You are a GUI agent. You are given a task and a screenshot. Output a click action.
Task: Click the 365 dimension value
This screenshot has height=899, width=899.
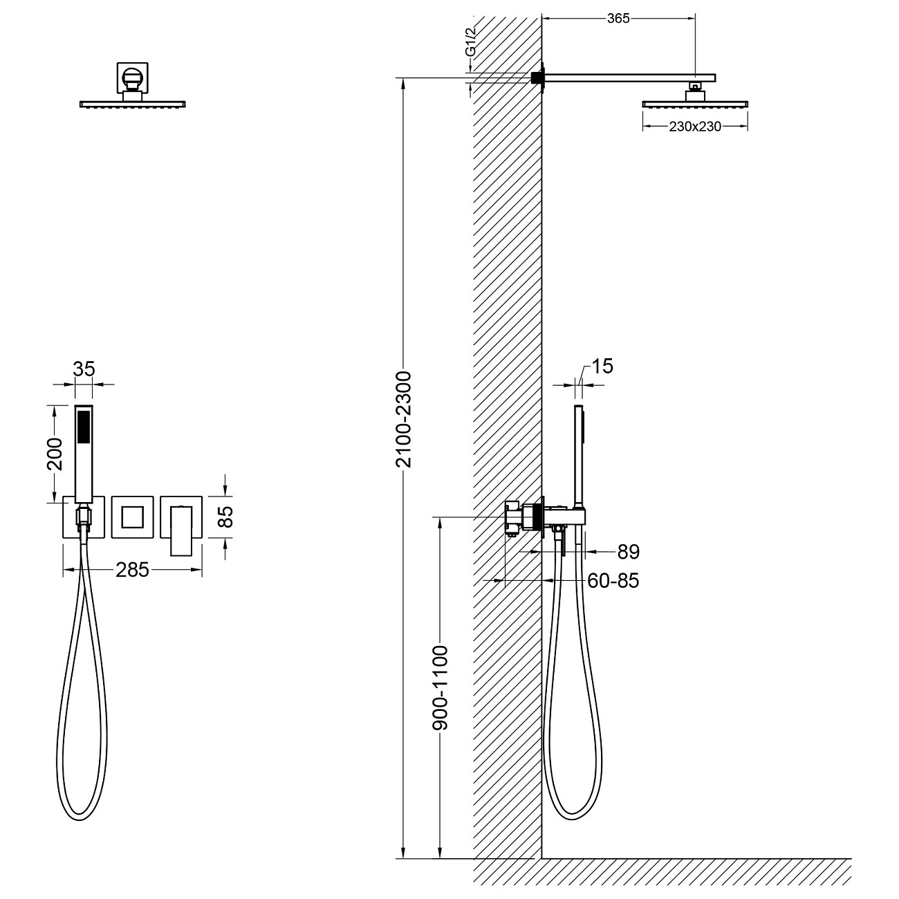pos(618,19)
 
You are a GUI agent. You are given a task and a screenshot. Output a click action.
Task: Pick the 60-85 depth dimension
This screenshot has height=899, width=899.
pos(613,581)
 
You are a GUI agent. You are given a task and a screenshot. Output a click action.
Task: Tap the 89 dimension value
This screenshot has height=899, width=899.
pos(628,552)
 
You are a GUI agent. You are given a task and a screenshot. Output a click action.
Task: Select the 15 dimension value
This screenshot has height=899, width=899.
pos(602,367)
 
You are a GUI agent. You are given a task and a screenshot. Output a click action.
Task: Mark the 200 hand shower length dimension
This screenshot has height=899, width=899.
pos(55,454)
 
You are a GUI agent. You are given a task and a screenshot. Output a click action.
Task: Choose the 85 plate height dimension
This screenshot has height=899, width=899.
pos(226,517)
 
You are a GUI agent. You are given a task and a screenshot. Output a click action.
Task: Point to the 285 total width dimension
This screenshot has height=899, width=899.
pos(132,570)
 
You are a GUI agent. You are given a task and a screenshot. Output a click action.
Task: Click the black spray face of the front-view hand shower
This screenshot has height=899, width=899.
pos(84,427)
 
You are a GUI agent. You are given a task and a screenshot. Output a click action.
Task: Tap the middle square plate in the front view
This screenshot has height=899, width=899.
pos(131,517)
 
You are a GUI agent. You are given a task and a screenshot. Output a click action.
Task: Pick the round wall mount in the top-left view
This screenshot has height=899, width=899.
pos(131,76)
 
